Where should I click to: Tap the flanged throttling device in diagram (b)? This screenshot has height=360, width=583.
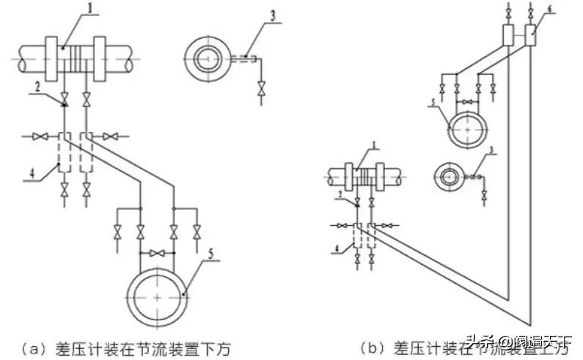click(x=364, y=179)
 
